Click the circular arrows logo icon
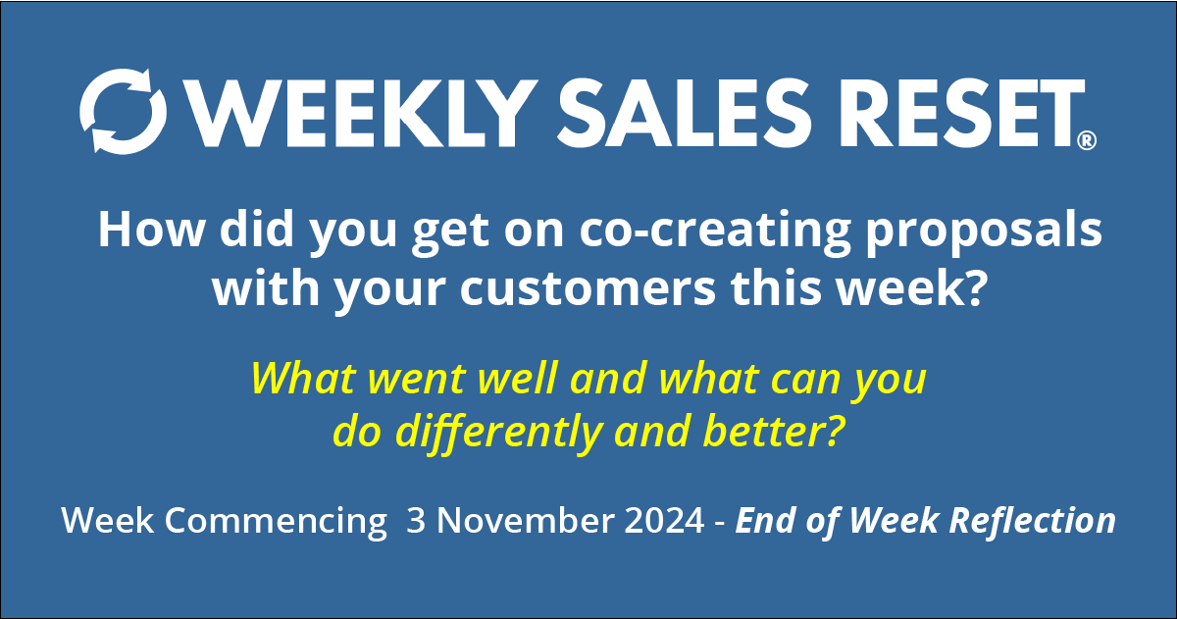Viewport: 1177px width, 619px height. coord(124,111)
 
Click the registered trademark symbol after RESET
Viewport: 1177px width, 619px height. coord(1086,142)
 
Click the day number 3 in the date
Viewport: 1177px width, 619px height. coord(416,521)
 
